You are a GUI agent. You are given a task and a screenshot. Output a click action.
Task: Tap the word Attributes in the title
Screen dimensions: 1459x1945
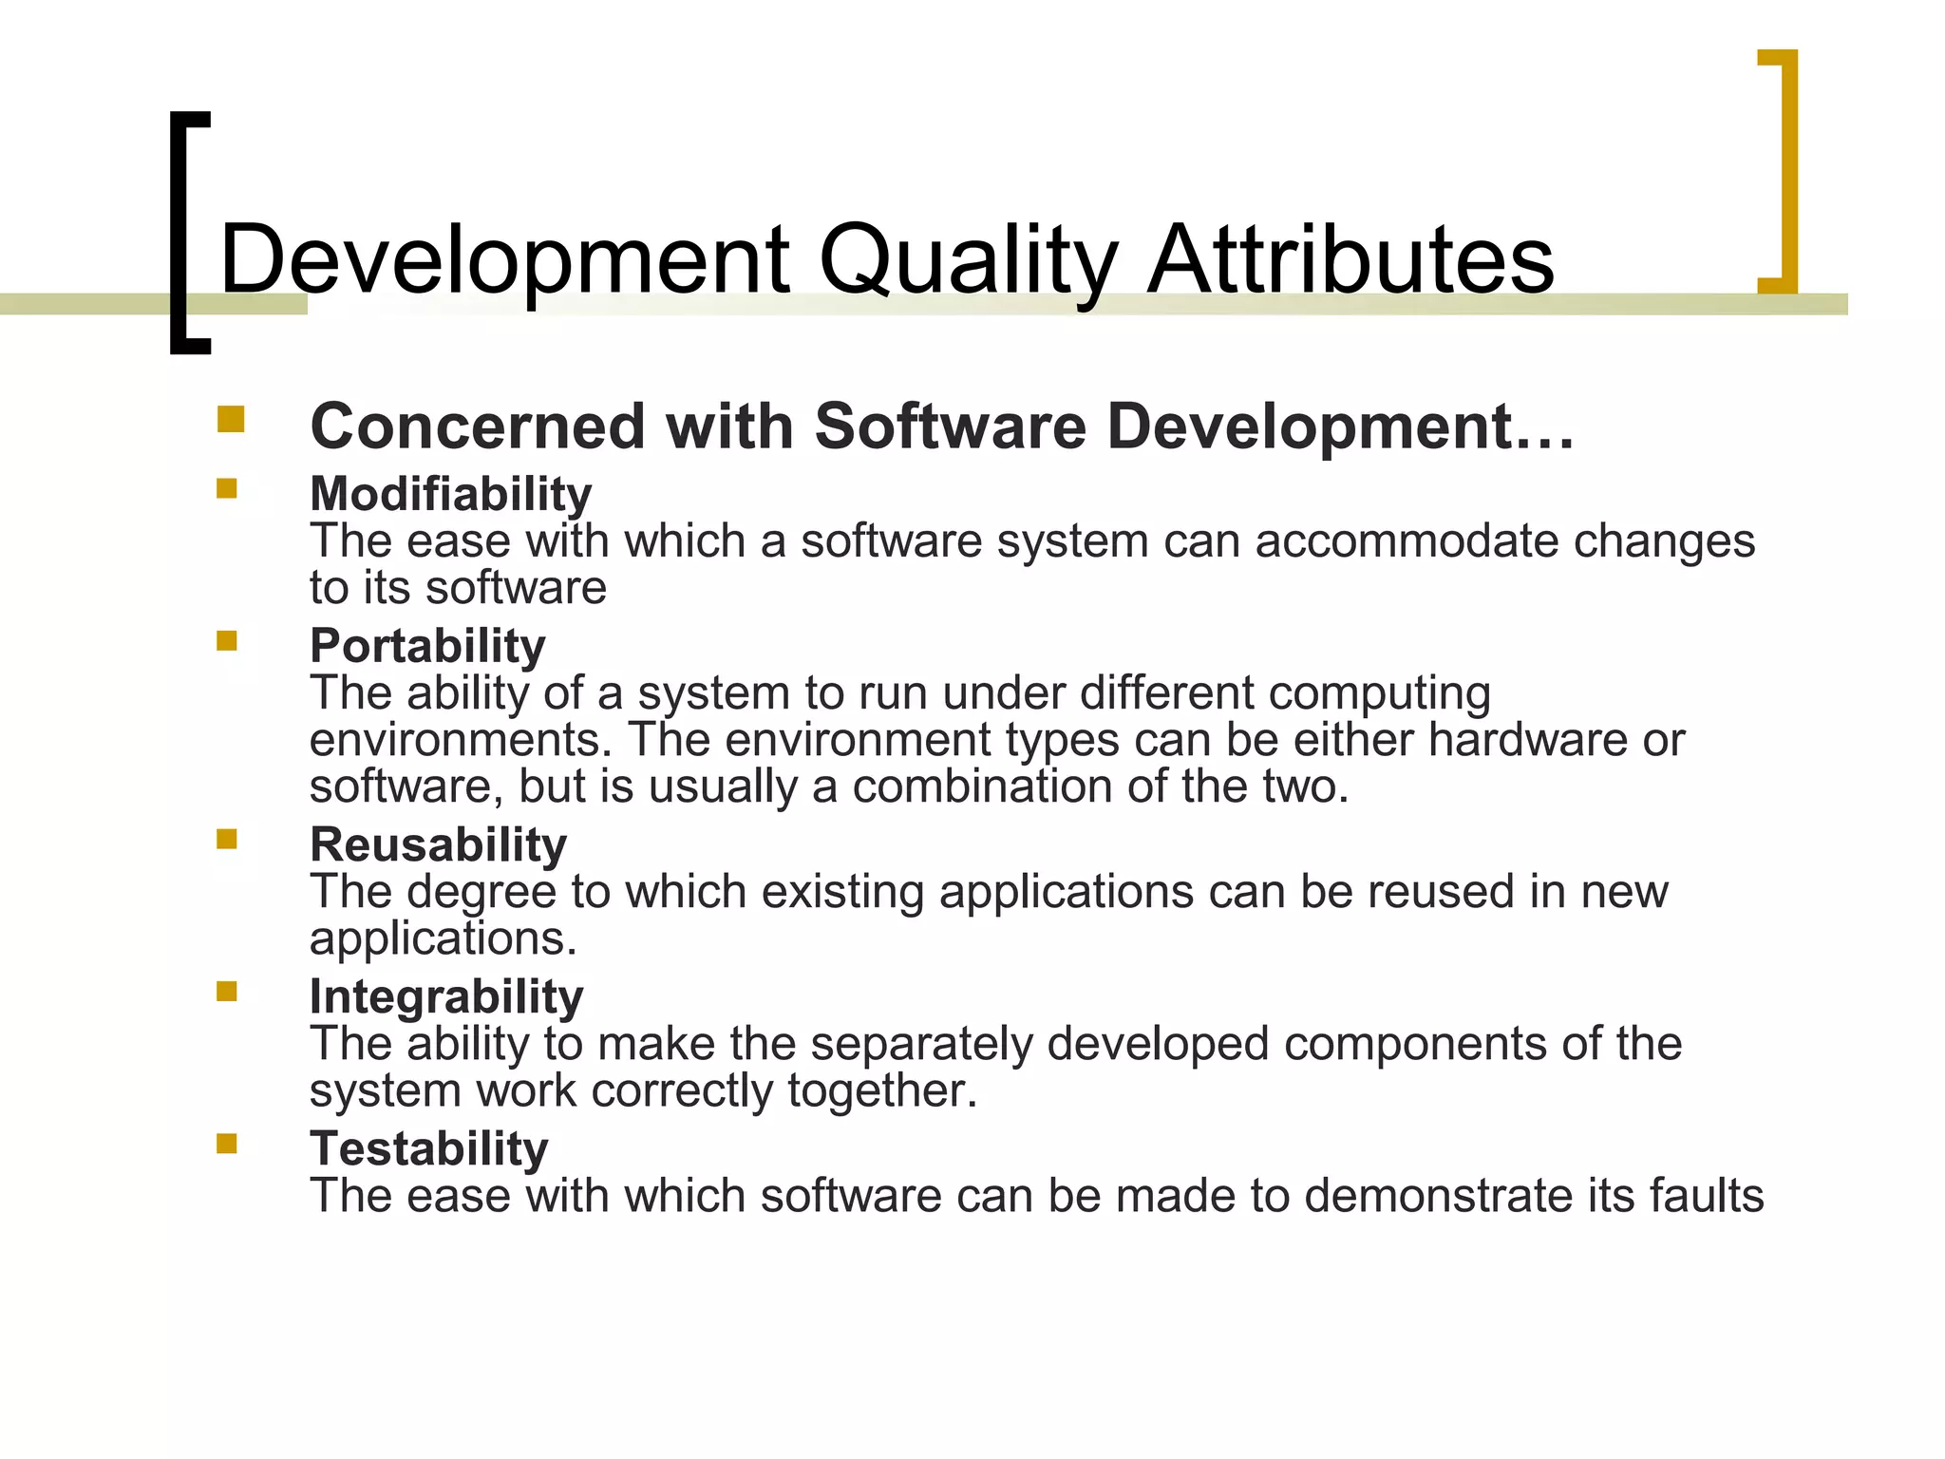[x=1350, y=259]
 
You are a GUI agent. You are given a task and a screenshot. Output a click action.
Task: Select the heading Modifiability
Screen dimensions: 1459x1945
[x=451, y=494]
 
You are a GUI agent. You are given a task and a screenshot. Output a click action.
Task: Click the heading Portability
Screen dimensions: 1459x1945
[x=427, y=646]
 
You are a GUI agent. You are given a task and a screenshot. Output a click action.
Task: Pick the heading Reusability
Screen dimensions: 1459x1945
[x=438, y=844]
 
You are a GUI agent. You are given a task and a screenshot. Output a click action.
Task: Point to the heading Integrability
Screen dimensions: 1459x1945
[x=446, y=996]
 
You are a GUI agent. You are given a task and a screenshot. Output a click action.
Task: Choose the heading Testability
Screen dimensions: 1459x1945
[x=429, y=1148]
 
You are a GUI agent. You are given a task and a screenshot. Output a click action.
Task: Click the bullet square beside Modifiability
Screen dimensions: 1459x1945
[x=226, y=488]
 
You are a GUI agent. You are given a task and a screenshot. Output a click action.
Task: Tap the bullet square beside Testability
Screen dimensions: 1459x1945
[x=226, y=1143]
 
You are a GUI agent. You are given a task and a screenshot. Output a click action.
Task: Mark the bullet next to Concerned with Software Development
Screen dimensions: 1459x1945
[x=230, y=419]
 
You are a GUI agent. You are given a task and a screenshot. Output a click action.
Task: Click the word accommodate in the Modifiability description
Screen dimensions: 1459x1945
[x=1407, y=541]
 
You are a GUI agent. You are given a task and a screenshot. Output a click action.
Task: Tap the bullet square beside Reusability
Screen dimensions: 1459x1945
[x=226, y=839]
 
